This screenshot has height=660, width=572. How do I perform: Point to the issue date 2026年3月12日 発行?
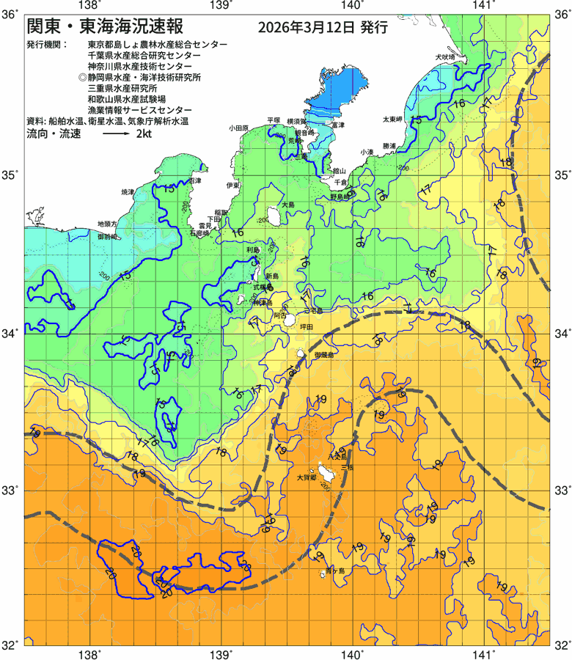tap(323, 29)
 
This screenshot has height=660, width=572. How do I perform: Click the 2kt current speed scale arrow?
tap(117, 135)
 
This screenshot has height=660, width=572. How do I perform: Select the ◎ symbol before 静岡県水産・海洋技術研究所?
tap(82, 77)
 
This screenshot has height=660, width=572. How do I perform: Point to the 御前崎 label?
tap(109, 238)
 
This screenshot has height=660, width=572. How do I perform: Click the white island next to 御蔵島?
tap(301, 354)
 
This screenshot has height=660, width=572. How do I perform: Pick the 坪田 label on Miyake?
tap(306, 326)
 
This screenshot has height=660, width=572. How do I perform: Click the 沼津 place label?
tap(194, 180)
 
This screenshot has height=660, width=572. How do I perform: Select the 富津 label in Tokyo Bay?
tap(338, 125)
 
